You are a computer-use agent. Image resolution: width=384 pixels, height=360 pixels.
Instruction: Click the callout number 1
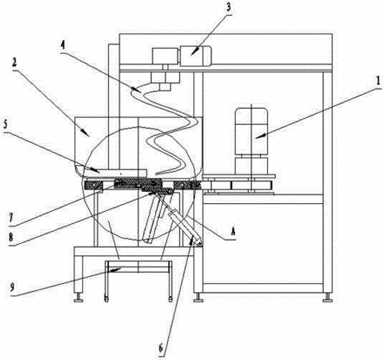click(x=378, y=82)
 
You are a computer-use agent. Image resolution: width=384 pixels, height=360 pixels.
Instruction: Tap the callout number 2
click(x=14, y=62)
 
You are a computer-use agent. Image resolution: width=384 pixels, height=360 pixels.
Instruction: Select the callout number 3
click(x=229, y=7)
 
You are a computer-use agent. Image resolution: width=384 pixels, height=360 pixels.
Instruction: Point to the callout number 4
click(x=62, y=46)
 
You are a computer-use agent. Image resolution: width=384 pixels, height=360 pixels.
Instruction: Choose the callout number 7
click(x=11, y=218)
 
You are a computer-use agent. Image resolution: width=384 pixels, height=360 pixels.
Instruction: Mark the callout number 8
click(x=11, y=238)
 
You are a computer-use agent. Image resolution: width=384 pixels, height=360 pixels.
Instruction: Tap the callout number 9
click(x=12, y=287)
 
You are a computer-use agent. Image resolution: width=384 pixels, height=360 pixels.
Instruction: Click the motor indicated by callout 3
click(x=196, y=56)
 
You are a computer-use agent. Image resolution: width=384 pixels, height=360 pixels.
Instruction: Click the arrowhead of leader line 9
click(x=114, y=270)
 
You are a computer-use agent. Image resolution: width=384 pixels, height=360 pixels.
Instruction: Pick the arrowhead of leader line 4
click(x=138, y=90)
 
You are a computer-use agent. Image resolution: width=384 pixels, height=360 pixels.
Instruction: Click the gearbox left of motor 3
click(x=165, y=56)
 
